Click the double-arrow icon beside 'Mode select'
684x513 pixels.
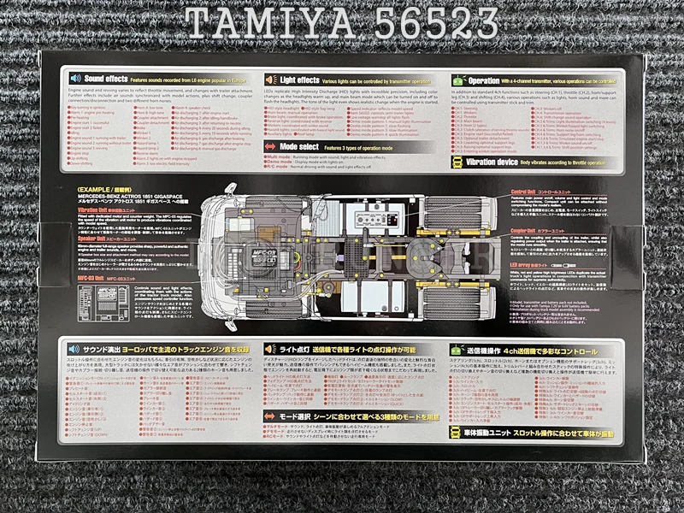270,147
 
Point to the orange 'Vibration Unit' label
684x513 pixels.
98,209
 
